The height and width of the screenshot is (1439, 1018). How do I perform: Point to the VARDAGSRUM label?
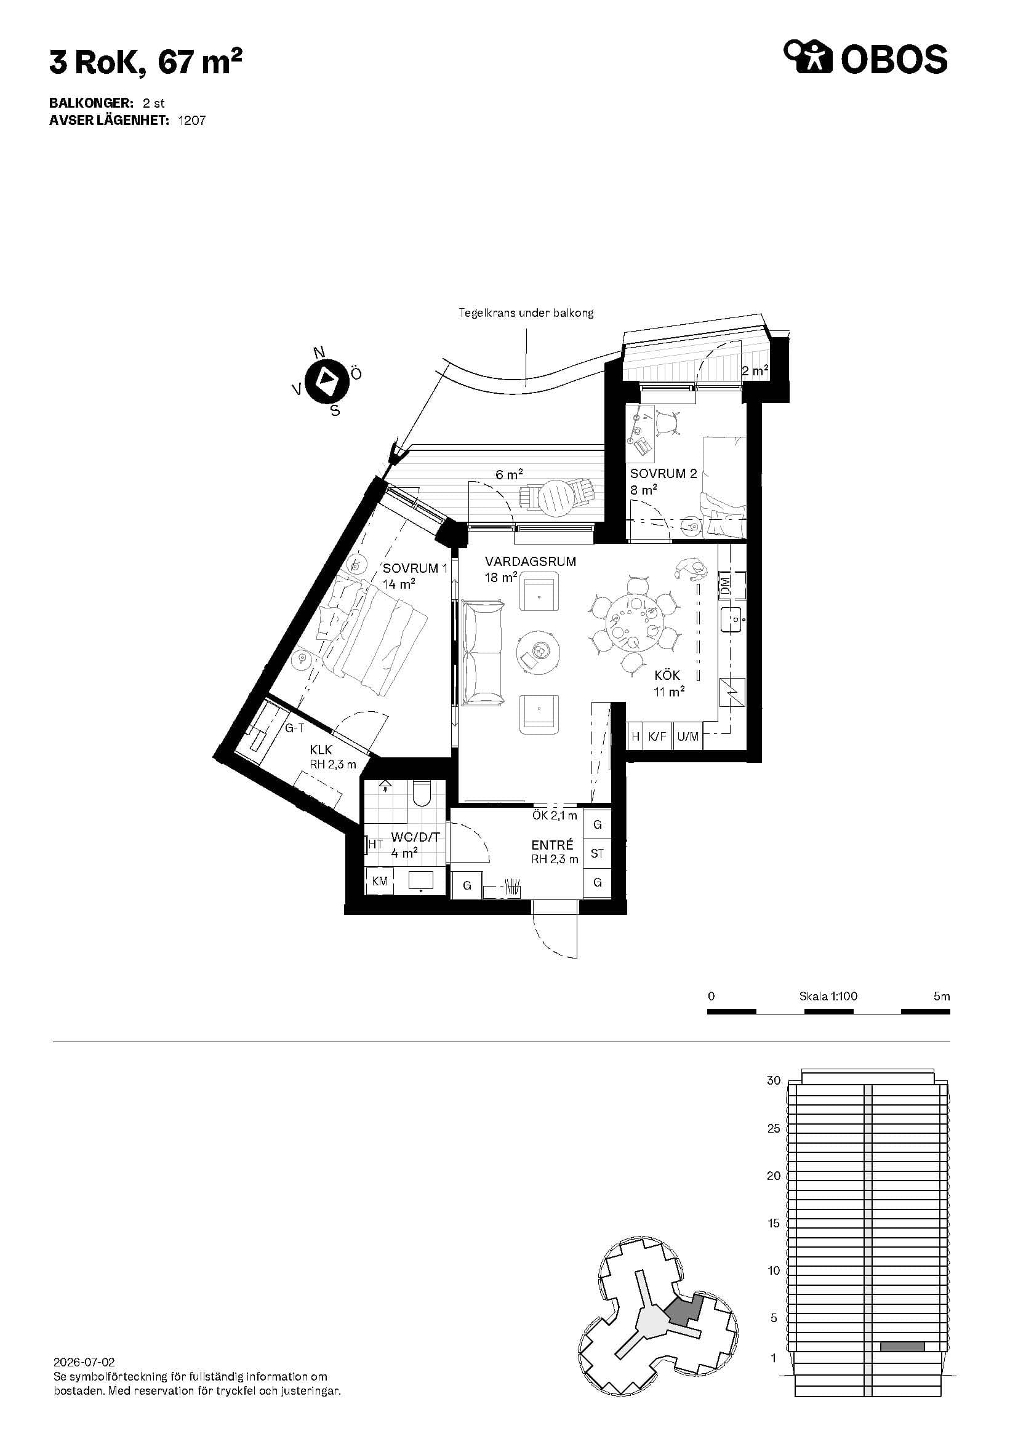click(531, 562)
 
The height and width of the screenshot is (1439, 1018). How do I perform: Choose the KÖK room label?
click(667, 676)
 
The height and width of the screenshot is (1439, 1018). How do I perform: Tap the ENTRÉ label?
click(552, 845)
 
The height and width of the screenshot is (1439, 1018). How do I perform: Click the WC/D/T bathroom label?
click(415, 837)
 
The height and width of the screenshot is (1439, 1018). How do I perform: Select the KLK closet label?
click(321, 750)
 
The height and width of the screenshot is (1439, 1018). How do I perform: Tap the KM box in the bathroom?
click(380, 881)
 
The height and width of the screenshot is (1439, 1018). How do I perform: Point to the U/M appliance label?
click(687, 736)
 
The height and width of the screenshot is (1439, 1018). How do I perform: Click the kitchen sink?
click(733, 620)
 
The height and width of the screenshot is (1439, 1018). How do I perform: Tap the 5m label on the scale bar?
click(942, 996)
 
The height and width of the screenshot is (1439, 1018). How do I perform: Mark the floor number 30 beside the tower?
click(774, 1080)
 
